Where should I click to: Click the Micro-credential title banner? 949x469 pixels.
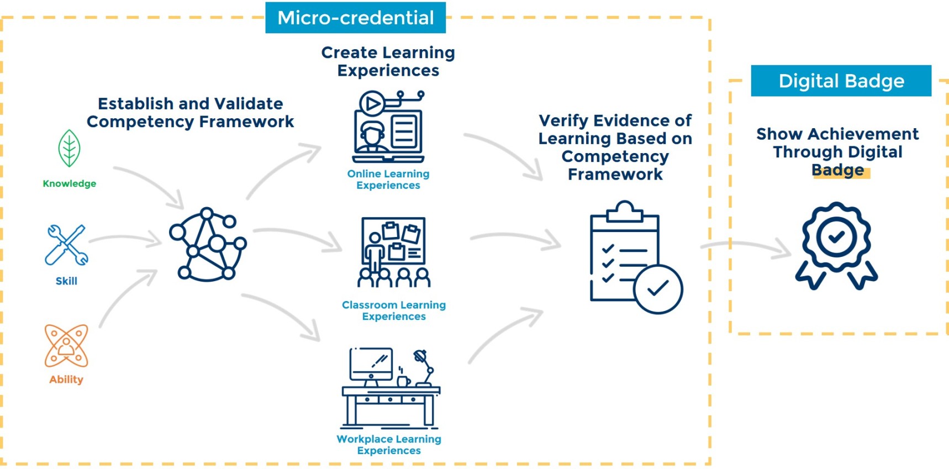[x=355, y=18]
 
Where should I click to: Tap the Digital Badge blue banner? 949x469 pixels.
[x=841, y=81]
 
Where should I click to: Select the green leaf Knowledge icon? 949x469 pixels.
[x=70, y=148]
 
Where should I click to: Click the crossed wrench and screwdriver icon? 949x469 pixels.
[x=66, y=245]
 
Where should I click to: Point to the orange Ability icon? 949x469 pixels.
[x=66, y=346]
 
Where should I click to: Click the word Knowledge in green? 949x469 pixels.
[x=70, y=183]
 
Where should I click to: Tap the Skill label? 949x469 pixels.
[x=66, y=281]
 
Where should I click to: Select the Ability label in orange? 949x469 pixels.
[x=66, y=380]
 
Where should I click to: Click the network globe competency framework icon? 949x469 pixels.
[x=207, y=245]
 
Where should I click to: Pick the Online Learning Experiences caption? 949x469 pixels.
[x=388, y=180]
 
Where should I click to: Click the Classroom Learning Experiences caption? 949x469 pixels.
[x=393, y=310]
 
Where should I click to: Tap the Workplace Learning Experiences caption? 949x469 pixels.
[x=388, y=445]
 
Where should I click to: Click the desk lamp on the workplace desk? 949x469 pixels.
[x=424, y=367]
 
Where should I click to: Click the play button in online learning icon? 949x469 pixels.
[x=372, y=103]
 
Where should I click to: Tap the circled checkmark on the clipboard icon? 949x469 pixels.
[x=658, y=289]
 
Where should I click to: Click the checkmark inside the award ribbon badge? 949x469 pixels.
[x=836, y=237]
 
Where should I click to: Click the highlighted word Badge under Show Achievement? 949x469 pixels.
[x=837, y=171]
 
